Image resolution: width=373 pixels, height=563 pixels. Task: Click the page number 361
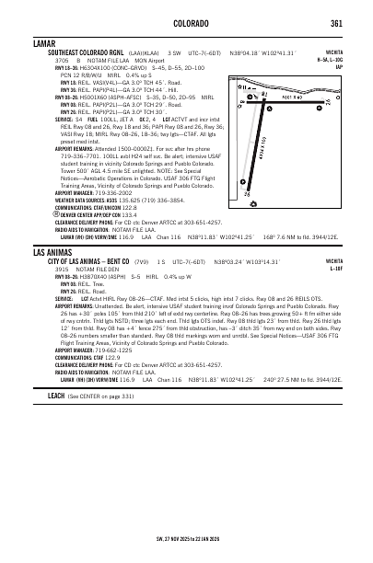click(x=337, y=23)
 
